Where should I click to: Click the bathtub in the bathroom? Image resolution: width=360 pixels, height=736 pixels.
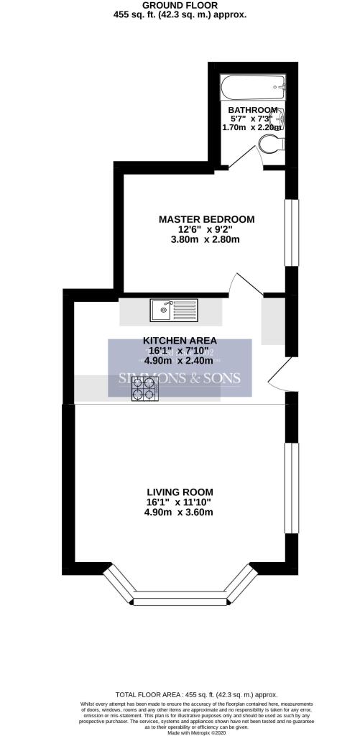click(251, 88)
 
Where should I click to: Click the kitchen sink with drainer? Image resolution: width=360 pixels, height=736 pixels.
click(173, 310)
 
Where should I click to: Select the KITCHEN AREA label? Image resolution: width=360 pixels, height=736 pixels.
click(180, 340)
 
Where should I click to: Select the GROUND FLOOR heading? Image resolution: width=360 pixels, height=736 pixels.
click(180, 4)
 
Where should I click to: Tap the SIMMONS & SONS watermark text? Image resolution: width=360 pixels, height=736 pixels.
click(180, 379)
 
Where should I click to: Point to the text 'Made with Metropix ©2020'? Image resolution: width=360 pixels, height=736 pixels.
click(180, 731)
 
